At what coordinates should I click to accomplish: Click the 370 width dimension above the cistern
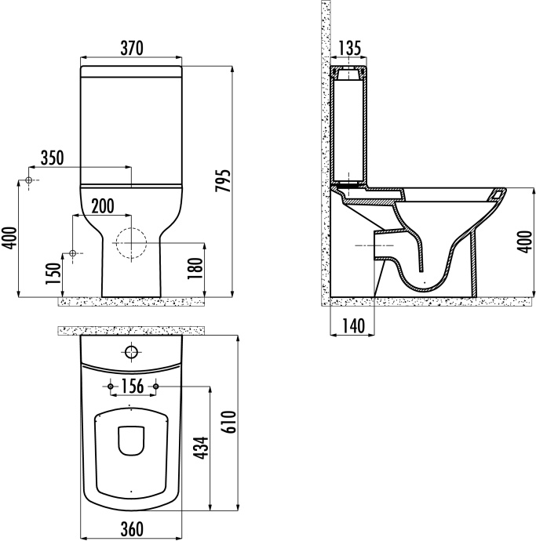pos(131,48)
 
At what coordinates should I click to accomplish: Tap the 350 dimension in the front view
pos(52,158)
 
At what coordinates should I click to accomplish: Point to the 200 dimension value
pos(102,206)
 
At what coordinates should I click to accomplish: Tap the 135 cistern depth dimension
pos(348,49)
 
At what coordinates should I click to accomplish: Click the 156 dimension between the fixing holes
pos(133,386)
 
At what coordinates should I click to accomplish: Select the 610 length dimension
pos(228,424)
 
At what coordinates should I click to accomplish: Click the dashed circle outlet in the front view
pos(130,243)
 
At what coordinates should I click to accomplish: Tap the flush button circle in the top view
pos(131,351)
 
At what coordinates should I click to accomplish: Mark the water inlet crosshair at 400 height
pos(29,181)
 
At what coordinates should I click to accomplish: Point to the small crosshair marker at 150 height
pos(72,253)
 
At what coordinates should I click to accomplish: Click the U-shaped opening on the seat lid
pos(130,441)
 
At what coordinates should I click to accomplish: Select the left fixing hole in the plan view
pos(108,387)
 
